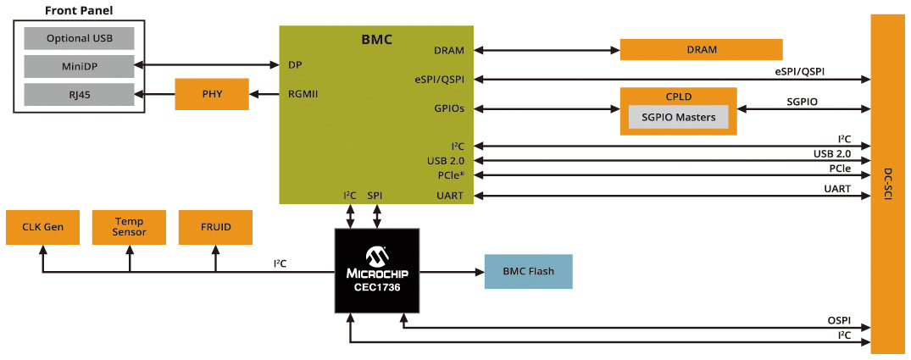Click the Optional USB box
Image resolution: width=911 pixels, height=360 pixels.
click(x=79, y=38)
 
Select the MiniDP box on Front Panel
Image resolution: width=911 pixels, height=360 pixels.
click(x=79, y=66)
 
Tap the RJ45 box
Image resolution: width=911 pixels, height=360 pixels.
click(x=79, y=93)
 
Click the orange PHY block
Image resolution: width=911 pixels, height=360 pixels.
click(x=212, y=94)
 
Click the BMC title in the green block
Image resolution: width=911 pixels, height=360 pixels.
click(x=376, y=39)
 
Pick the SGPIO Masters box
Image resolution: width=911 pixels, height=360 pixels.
click(x=678, y=117)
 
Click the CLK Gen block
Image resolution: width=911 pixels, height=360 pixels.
click(x=42, y=227)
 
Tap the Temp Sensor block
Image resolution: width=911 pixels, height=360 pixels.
click(x=130, y=227)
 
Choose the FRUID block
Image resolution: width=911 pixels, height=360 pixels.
click(x=216, y=227)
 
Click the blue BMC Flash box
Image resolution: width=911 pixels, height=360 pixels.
click(x=528, y=272)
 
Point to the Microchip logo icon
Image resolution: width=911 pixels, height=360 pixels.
click(x=375, y=256)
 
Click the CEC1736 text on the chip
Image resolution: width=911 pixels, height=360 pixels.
click(x=375, y=288)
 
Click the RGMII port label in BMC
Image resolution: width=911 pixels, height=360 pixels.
click(x=303, y=94)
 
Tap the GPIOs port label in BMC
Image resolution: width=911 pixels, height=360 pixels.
click(x=448, y=108)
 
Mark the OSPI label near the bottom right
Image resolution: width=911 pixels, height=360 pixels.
click(x=838, y=322)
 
